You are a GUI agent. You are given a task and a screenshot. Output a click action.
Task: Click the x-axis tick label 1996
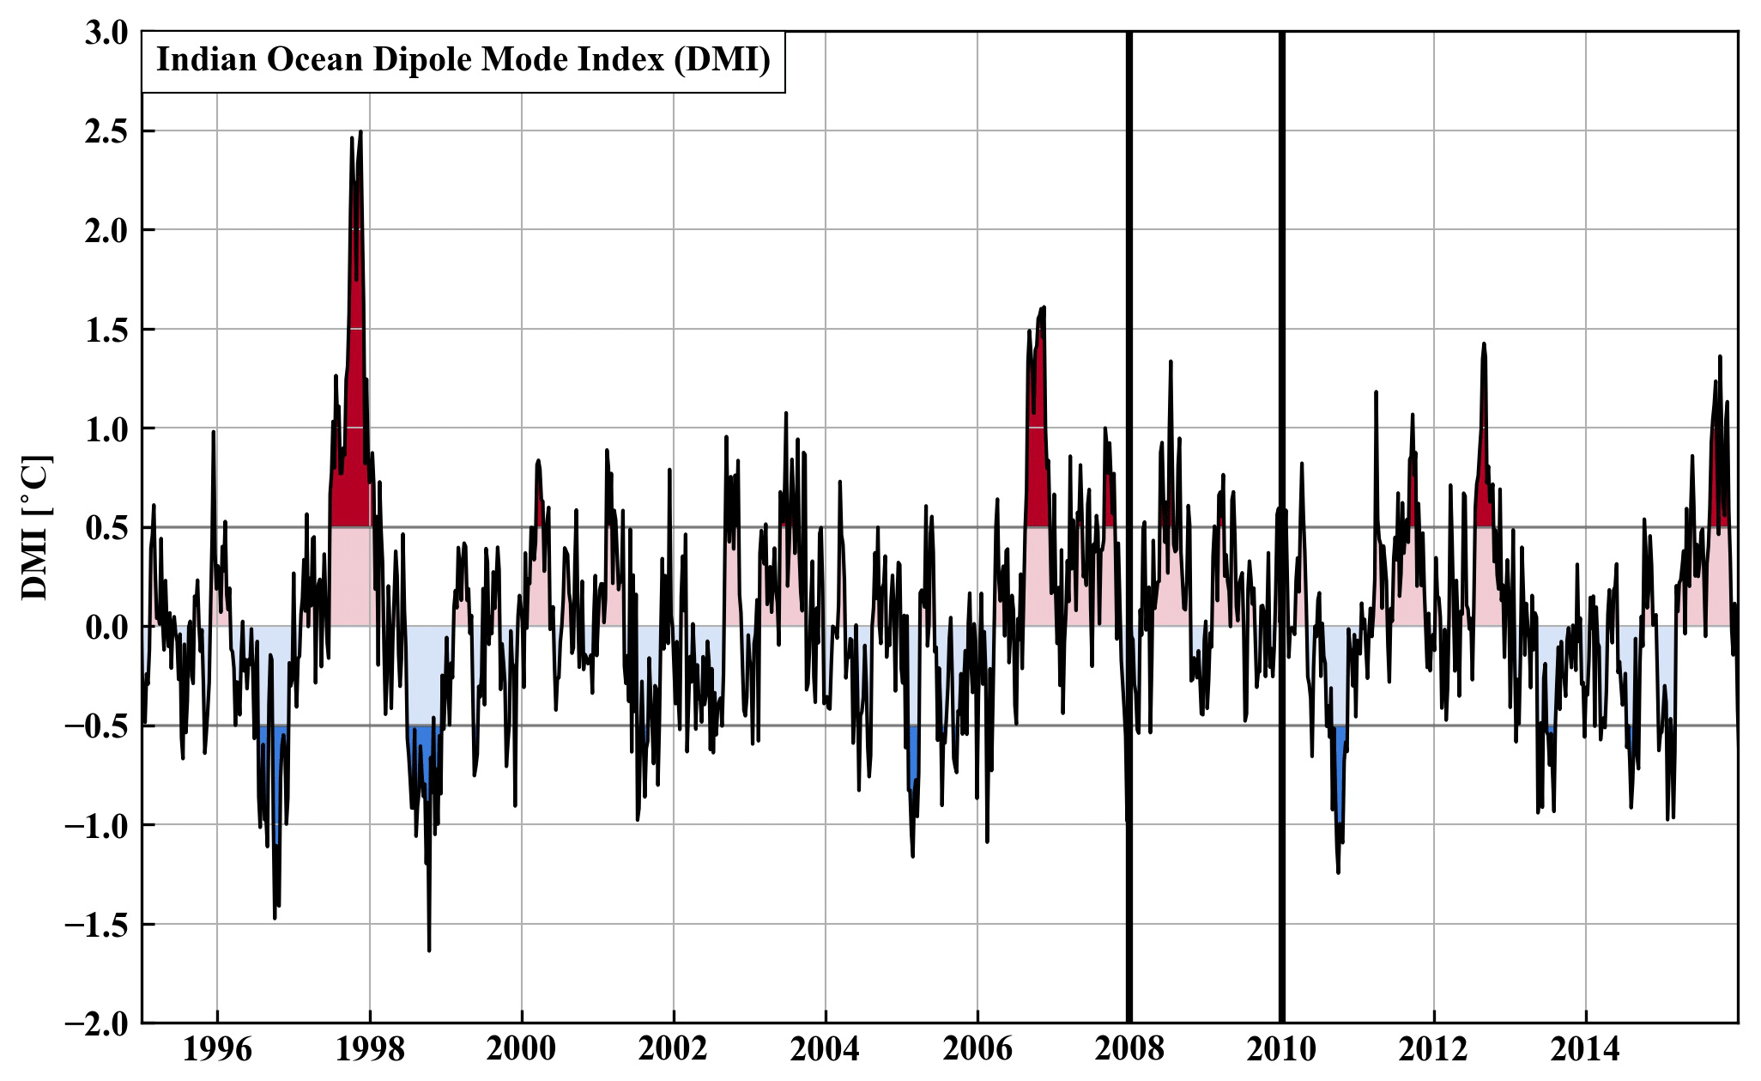point(217,1049)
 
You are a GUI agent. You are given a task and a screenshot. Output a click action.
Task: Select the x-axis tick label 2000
point(521,1049)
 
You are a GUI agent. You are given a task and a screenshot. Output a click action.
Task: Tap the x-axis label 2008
point(1129,1049)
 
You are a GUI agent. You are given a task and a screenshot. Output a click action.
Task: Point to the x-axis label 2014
point(1585,1049)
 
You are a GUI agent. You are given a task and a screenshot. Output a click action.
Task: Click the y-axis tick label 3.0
point(106,33)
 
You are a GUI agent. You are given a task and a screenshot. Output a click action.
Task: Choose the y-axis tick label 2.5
point(106,131)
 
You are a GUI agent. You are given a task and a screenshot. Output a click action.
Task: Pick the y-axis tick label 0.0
point(106,627)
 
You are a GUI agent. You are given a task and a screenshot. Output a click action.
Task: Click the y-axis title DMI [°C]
point(36,527)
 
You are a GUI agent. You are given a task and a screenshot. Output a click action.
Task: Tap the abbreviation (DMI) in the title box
point(723,60)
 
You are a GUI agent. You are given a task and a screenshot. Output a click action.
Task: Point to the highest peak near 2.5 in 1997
point(360,132)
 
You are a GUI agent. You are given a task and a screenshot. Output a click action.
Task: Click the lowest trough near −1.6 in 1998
point(429,950)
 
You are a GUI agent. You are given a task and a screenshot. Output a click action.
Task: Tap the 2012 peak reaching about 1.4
point(1483,344)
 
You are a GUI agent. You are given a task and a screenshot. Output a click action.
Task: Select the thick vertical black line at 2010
point(1281,515)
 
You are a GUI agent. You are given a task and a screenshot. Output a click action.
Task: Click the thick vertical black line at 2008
point(1129,515)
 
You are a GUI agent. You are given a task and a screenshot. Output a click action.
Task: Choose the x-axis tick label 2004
point(825,1049)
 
